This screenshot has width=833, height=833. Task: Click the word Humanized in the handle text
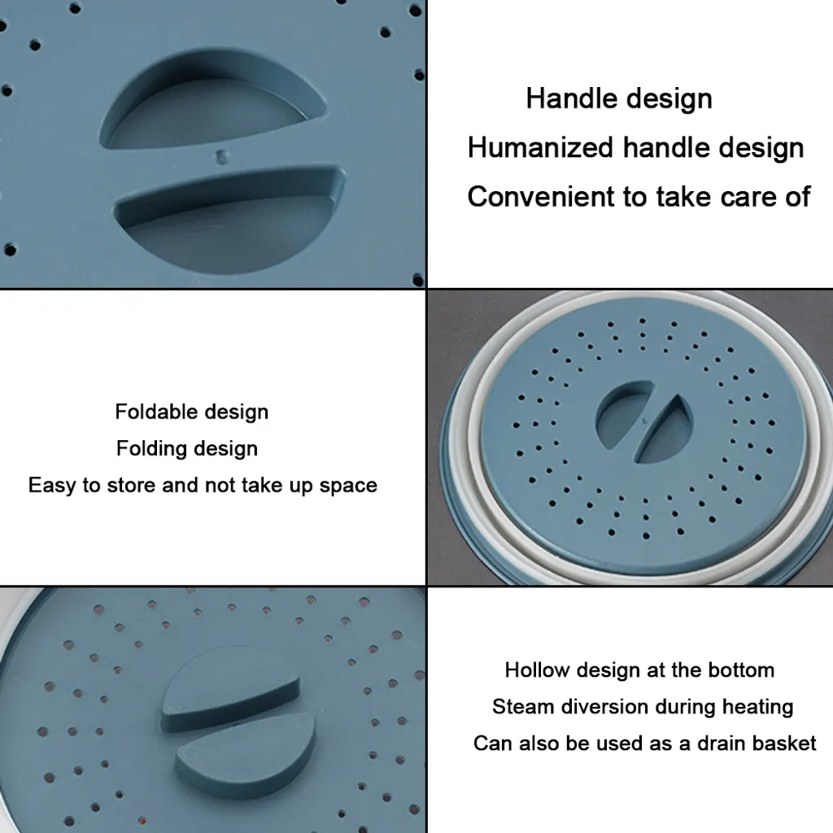(x=540, y=147)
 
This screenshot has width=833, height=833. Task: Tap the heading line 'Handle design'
(x=619, y=98)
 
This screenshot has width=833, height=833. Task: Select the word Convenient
(x=540, y=197)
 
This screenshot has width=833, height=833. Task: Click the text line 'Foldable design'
(x=192, y=412)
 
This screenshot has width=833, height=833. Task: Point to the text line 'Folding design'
(x=187, y=449)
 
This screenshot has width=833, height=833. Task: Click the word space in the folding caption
(x=348, y=486)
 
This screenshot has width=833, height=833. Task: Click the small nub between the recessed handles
(x=222, y=157)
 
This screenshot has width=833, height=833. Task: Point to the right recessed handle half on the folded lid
(x=665, y=430)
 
